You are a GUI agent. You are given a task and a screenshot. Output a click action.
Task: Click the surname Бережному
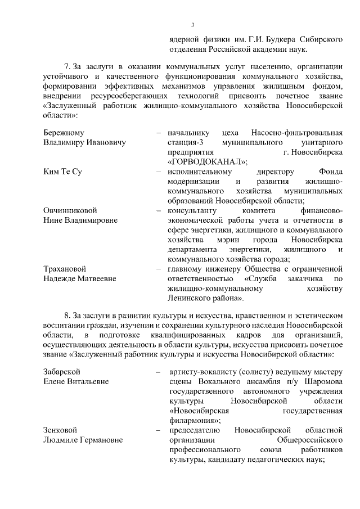click(x=64, y=133)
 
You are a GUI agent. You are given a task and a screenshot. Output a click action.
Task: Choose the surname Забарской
click(x=62, y=372)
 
